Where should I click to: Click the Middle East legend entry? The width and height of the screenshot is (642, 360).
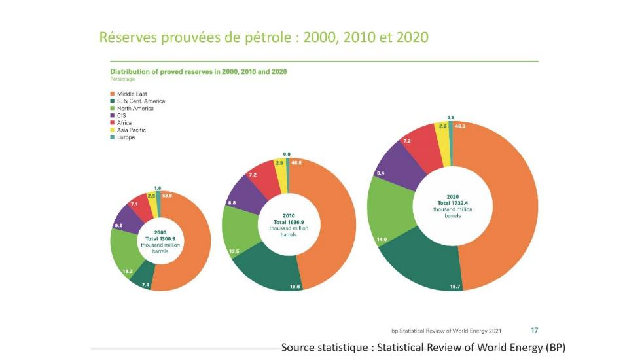coord(132,94)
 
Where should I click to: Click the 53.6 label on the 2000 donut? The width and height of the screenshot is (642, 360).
coord(167,196)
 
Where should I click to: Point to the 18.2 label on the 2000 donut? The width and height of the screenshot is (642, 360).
coord(128,270)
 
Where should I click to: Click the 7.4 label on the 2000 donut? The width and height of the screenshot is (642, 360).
coord(145,285)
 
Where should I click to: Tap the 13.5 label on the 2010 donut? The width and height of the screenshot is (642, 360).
coord(234,250)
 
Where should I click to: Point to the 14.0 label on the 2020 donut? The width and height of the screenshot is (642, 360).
coord(381,240)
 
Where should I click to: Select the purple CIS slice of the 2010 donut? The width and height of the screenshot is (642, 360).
coord(241,197)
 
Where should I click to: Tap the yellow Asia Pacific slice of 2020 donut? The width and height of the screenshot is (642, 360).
coord(443,134)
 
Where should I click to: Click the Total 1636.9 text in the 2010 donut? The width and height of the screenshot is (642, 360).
coord(289,223)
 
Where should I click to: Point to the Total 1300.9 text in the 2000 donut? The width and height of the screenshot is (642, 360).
coord(160,238)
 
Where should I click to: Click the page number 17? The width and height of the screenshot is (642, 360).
coord(534,331)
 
